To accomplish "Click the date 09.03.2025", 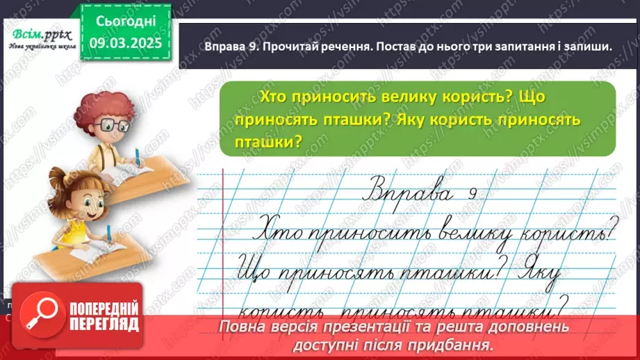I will pyautogui.click(x=126, y=42).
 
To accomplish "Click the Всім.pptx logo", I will pyautogui.click(x=40, y=34).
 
